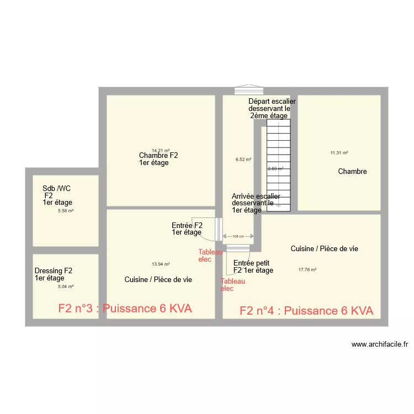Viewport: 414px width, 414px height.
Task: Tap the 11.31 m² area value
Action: tap(339, 153)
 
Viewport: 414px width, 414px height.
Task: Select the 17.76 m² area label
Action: tap(307, 270)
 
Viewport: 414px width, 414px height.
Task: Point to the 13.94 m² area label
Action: tap(161, 264)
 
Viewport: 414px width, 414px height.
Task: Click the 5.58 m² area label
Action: tap(66, 210)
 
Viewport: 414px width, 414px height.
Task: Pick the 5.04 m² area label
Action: tap(66, 286)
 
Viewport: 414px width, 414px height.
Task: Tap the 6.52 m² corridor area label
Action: tap(243, 160)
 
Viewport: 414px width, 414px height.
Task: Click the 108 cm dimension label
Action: tap(238, 236)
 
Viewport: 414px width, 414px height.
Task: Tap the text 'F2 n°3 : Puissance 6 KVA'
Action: tap(125, 309)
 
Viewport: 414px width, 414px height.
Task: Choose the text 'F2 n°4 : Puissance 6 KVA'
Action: tap(306, 311)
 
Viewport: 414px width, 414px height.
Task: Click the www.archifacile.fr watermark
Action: tap(380, 344)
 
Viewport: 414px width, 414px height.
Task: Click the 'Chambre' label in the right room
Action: tap(352, 172)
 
